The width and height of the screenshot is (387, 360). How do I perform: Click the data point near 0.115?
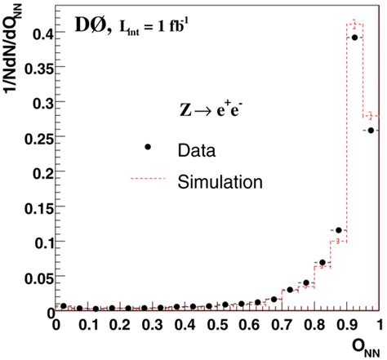pos(339,231)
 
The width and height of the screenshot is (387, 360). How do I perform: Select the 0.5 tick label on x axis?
pos(216,325)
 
